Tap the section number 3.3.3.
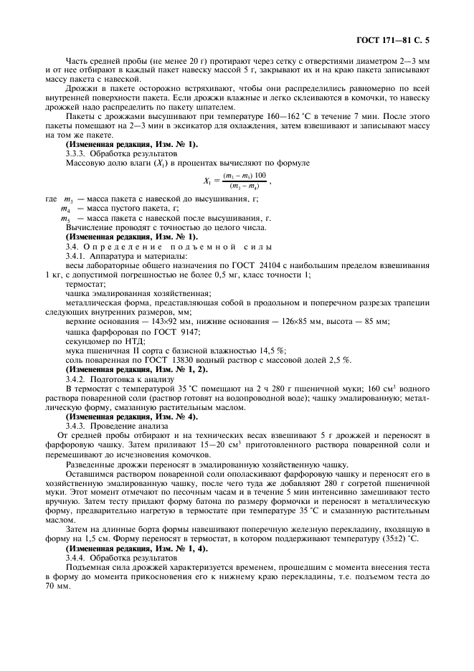[75, 153]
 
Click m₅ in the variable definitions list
[69, 218]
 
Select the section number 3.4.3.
[75, 426]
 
